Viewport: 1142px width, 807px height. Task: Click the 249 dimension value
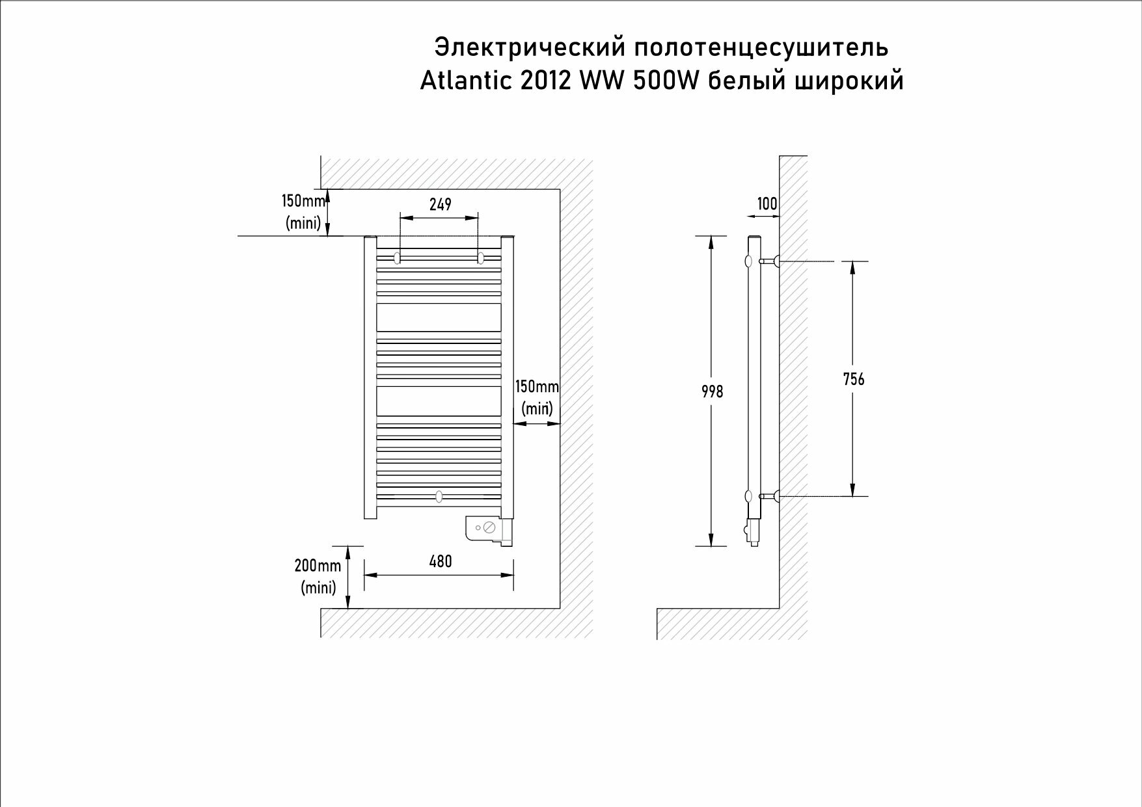click(441, 204)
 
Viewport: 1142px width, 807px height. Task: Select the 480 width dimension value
click(441, 561)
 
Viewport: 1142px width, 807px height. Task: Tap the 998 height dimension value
click(713, 391)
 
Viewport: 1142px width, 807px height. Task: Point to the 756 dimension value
click(854, 378)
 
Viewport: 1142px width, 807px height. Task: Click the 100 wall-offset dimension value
click(767, 204)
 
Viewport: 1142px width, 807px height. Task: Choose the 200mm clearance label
click(318, 566)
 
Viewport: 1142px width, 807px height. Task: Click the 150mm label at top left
click(303, 201)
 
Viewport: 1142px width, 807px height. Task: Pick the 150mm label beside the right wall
click(537, 387)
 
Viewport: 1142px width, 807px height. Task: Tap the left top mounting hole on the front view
click(397, 258)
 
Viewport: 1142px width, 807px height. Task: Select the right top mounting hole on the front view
click(481, 258)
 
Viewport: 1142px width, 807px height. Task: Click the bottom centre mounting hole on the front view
click(439, 497)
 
